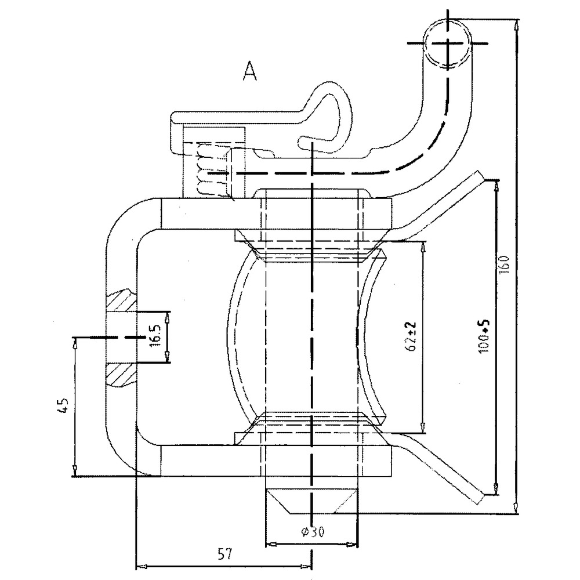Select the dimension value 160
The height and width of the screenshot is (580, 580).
click(504, 264)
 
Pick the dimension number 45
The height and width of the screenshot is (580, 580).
click(65, 404)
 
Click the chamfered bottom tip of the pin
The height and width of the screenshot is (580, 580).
click(311, 501)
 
